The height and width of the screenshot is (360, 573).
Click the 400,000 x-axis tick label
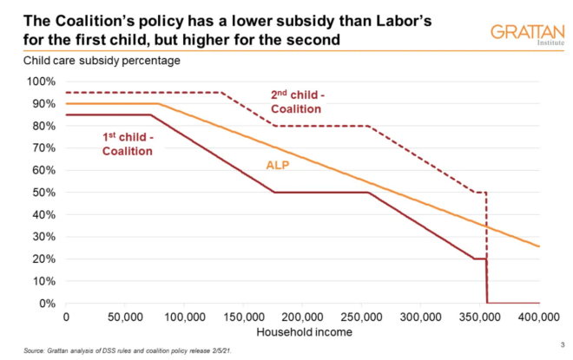pos(540,317)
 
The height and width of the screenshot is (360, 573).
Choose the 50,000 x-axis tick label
pos(125,317)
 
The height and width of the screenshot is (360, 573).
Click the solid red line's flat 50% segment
pos(321,192)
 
